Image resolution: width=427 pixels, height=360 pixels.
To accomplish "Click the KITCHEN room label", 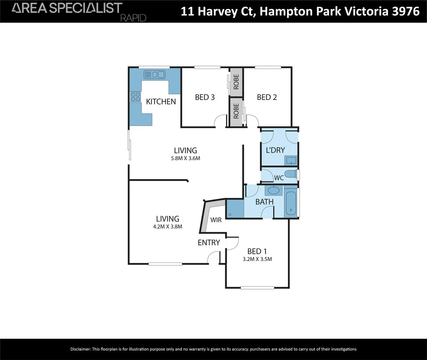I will click(x=161, y=102).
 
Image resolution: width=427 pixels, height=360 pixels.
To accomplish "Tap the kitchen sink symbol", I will click(x=154, y=74).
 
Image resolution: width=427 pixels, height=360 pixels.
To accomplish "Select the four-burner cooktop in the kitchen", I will click(x=135, y=97).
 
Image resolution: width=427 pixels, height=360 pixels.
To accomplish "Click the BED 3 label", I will click(x=205, y=97).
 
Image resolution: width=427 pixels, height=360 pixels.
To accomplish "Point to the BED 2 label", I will click(x=267, y=97).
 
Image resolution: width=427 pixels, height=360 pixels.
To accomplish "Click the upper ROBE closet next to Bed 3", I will click(x=236, y=82).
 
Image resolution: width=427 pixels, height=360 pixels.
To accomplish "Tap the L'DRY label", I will click(x=275, y=150).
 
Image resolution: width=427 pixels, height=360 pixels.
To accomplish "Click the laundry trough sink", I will click(x=291, y=161).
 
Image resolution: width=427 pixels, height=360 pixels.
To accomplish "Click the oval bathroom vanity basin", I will click(x=274, y=191).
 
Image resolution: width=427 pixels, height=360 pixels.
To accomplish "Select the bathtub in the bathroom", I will click(x=291, y=203).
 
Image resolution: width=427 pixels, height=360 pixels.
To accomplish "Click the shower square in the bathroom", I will click(x=235, y=209).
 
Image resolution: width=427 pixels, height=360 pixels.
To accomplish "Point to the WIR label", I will click(x=216, y=220).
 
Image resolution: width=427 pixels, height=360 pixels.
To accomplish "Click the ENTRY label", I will click(x=209, y=243).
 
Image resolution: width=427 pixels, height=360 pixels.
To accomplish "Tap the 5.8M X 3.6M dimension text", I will click(x=185, y=158).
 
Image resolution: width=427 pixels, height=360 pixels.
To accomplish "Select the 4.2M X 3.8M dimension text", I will click(x=167, y=227).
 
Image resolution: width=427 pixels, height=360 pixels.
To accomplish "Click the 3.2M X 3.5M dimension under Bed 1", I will click(x=257, y=259).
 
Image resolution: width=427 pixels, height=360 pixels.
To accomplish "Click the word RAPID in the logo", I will click(x=133, y=18).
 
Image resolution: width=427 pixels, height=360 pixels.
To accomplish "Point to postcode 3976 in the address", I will click(x=406, y=11).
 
